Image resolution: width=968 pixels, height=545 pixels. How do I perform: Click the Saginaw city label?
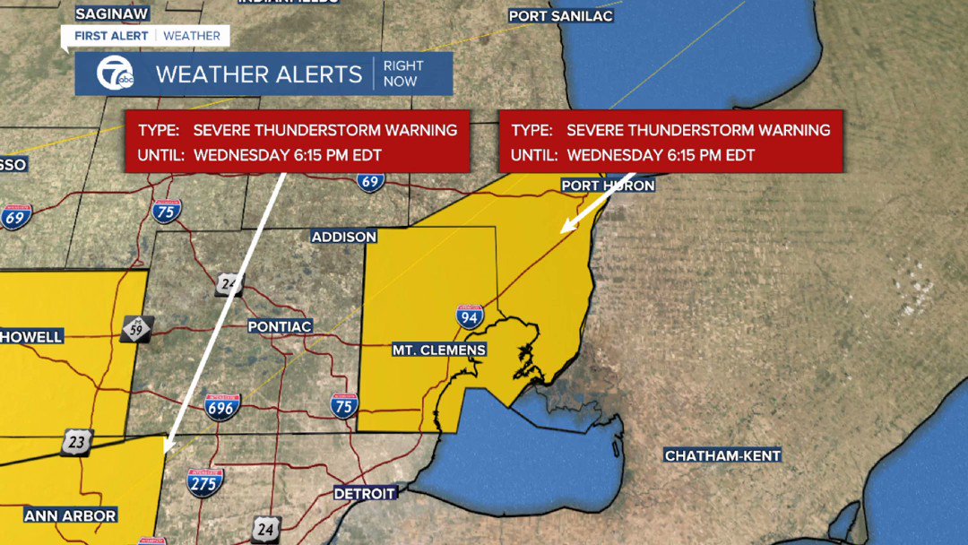click(111, 13)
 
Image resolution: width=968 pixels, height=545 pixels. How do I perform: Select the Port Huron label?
click(608, 186)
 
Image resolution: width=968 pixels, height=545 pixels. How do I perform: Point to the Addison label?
click(344, 237)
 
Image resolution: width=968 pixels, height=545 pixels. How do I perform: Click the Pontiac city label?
click(280, 327)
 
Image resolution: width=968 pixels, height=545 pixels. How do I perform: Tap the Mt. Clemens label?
click(439, 350)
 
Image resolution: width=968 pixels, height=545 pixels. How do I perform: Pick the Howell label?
click(32, 337)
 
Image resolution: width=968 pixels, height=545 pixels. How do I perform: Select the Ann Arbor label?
click(70, 516)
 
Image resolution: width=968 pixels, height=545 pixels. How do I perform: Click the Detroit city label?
click(365, 494)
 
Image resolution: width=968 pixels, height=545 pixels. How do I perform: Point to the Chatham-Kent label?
click(722, 456)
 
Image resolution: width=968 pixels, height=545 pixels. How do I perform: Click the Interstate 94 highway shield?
click(470, 315)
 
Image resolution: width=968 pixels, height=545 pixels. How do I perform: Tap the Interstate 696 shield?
click(222, 408)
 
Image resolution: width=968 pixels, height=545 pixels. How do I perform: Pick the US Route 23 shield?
click(77, 442)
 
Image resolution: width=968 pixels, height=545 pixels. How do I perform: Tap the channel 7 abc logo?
click(110, 74)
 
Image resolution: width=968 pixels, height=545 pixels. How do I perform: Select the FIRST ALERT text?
click(111, 36)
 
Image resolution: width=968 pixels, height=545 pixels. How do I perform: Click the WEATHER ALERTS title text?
click(258, 74)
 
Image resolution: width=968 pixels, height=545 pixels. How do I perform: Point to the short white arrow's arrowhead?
click(565, 230)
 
